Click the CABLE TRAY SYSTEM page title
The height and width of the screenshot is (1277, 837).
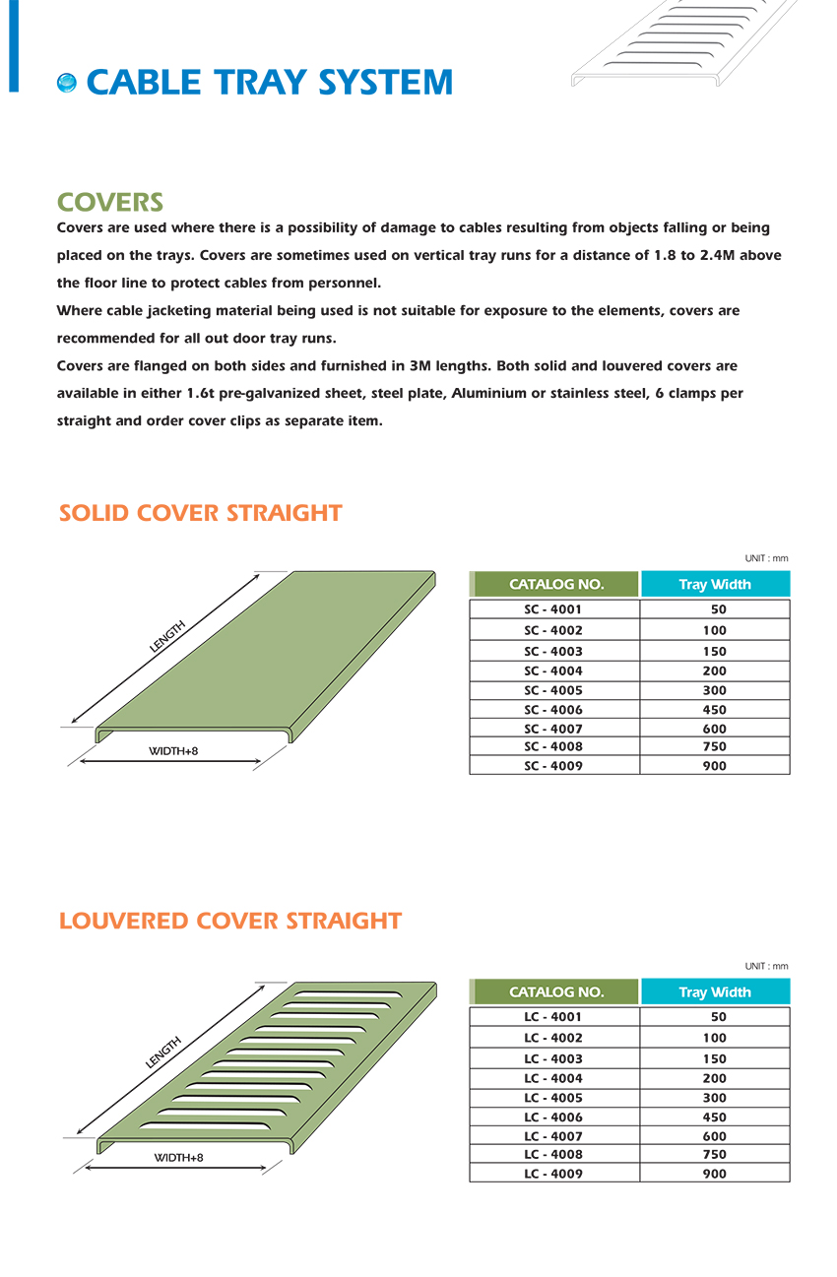[269, 83]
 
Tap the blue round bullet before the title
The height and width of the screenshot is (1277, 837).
[67, 84]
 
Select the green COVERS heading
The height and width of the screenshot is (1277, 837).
[110, 203]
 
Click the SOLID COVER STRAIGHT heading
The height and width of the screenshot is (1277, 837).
[200, 513]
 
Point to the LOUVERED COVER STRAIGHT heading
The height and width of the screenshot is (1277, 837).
[230, 921]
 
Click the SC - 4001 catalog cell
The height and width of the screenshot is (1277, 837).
[553, 609]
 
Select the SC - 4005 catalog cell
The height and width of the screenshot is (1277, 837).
[553, 690]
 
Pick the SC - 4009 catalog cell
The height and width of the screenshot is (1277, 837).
[553, 766]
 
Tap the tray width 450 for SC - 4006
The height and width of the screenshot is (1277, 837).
[715, 710]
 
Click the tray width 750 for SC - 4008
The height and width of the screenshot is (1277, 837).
[715, 747]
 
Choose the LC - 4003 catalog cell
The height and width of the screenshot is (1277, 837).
[553, 1059]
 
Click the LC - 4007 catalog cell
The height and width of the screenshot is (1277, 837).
[553, 1136]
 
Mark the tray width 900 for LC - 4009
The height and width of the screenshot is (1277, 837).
[715, 1174]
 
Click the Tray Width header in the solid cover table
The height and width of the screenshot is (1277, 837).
[715, 584]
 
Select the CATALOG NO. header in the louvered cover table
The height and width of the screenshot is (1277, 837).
[556, 991]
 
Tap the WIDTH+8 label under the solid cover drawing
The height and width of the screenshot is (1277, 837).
[173, 751]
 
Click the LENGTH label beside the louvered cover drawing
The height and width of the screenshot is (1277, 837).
[163, 1052]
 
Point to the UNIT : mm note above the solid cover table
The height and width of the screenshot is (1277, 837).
[766, 558]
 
